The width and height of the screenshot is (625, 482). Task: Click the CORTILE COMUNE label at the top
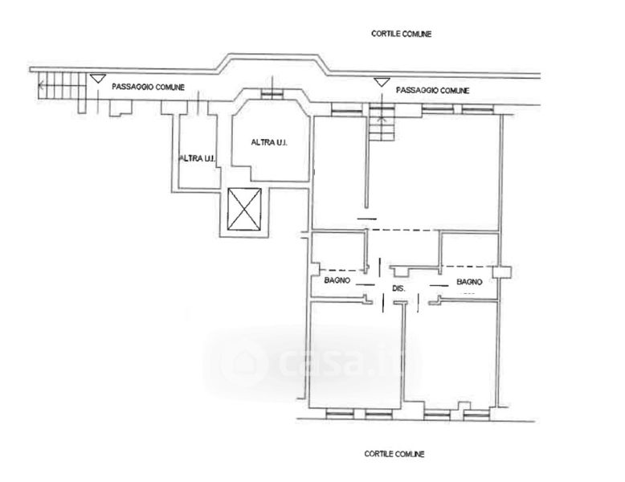401,34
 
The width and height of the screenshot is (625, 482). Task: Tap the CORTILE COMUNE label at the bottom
394,454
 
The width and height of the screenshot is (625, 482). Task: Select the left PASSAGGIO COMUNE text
148,87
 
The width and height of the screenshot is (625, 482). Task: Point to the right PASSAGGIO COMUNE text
432,91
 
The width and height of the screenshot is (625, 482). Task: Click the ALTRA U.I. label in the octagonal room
269,142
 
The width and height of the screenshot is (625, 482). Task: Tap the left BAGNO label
337,280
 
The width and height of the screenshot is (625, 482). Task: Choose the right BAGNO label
469,282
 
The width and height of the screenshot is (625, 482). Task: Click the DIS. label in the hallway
398,288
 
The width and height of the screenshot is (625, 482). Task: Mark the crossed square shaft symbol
244,209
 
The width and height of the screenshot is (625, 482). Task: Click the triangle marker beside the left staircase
98,79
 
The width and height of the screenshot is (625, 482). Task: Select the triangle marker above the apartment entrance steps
382,83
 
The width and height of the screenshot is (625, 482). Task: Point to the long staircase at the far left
62,86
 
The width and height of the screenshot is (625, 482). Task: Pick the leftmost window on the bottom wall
340,415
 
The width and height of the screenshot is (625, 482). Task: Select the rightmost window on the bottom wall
477,415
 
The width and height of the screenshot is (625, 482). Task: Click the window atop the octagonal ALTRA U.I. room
272,94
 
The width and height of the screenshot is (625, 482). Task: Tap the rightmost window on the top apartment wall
477,109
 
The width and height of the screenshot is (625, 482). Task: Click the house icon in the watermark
243,362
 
